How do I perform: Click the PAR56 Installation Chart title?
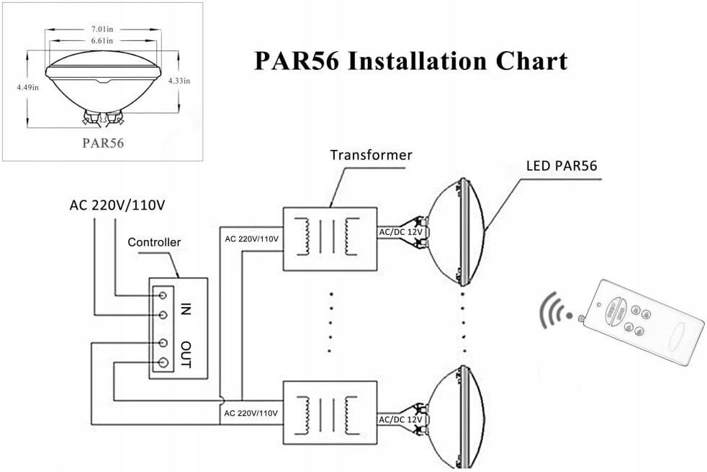click(x=411, y=61)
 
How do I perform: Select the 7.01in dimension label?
click(x=103, y=29)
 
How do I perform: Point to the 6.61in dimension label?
click(x=103, y=41)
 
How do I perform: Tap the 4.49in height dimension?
click(x=27, y=87)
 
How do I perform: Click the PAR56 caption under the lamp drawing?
click(x=103, y=143)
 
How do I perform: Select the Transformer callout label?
click(x=371, y=155)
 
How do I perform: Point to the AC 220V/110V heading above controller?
click(x=117, y=204)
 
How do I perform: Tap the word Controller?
click(x=154, y=242)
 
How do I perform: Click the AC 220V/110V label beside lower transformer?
click(x=251, y=414)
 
